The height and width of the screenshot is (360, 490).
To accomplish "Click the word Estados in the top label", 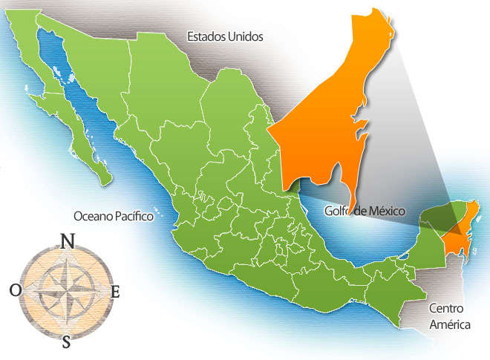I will click(x=205, y=35).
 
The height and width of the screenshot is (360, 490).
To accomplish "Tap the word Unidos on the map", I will click(x=245, y=35).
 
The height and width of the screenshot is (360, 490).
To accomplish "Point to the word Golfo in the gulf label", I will click(x=339, y=212).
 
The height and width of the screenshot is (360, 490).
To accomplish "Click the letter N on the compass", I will click(x=67, y=241).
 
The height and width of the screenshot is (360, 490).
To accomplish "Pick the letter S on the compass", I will click(x=67, y=341).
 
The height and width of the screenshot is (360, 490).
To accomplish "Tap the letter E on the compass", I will click(x=115, y=292).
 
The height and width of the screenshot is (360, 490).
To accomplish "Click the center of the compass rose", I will click(x=65, y=291).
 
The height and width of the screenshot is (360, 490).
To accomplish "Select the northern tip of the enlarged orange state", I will click(x=388, y=13).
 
